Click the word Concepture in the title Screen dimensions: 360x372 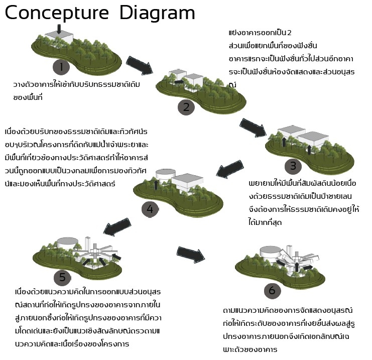pos(58,13)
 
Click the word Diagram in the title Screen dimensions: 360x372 pos(157,13)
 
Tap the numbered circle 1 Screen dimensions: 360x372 pos(61,67)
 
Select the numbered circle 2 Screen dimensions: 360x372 pos(186,106)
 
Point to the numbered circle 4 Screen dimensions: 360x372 pos(149,209)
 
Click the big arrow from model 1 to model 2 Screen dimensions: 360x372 pos(138,63)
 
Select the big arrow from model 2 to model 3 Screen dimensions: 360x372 pos(254,127)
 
